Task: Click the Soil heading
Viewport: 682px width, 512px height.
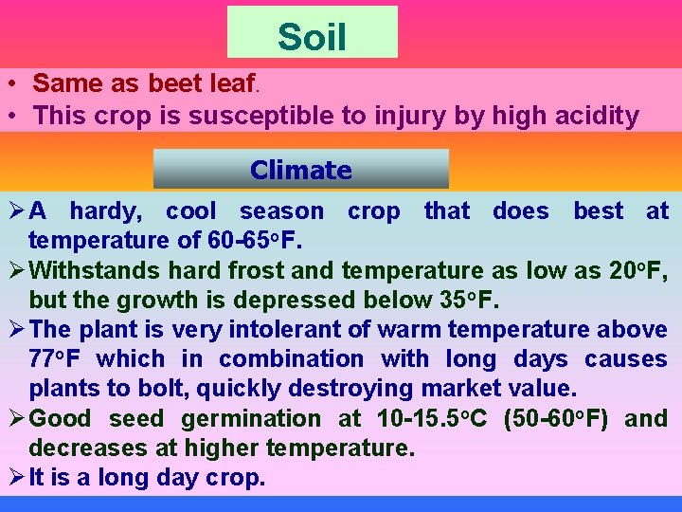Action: coord(312,37)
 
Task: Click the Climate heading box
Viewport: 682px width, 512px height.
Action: coord(300,170)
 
